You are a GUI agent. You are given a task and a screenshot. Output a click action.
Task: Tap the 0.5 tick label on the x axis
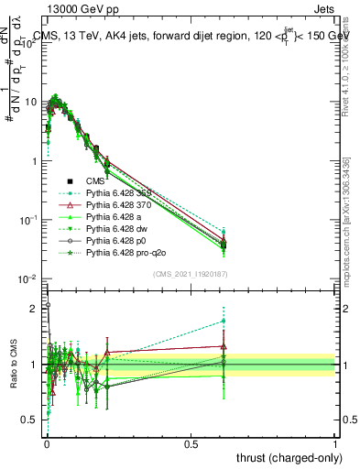coord(191,443)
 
